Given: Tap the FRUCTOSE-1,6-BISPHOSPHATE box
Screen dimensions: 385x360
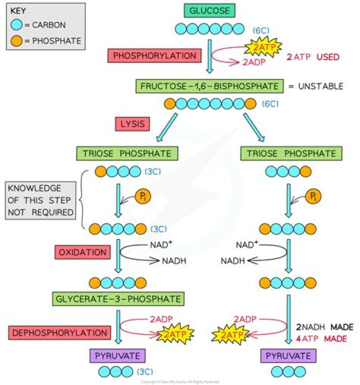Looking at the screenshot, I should [210, 85].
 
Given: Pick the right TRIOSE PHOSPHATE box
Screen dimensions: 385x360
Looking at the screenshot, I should [288, 153].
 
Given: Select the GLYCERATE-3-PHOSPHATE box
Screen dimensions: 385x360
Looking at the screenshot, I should [117, 299].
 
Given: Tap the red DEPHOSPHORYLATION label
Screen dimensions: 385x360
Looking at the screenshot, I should [59, 332].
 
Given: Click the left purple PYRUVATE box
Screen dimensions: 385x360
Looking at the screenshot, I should [117, 356].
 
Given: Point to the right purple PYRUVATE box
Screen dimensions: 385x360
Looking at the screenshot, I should [288, 356].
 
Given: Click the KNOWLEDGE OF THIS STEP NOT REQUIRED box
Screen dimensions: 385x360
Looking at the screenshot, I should [40, 200].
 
